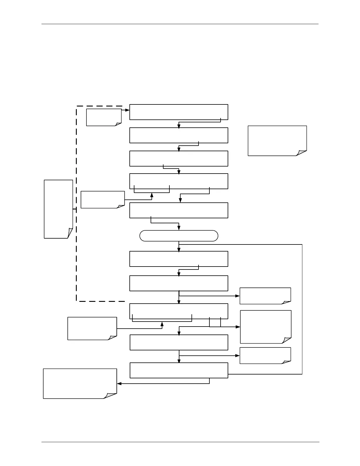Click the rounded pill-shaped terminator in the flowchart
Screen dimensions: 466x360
179,236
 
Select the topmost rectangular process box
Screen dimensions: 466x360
179,112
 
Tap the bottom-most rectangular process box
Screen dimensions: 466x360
179,370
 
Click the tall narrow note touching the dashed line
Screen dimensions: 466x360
58,209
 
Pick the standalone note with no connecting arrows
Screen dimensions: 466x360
277,141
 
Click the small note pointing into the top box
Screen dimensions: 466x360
104,117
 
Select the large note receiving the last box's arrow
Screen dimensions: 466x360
80,384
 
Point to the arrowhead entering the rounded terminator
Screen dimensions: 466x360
179,228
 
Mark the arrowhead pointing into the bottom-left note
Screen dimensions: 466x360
119,384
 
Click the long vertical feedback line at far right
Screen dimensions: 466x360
302,309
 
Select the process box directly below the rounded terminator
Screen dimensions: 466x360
179,259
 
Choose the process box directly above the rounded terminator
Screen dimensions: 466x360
179,210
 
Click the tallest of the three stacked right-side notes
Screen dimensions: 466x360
266,327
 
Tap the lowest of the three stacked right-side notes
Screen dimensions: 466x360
265,355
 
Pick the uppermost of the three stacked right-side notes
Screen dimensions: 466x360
265,296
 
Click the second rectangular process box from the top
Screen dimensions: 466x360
179,135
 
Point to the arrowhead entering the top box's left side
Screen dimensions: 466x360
128,110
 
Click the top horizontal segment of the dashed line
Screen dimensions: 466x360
100,106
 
